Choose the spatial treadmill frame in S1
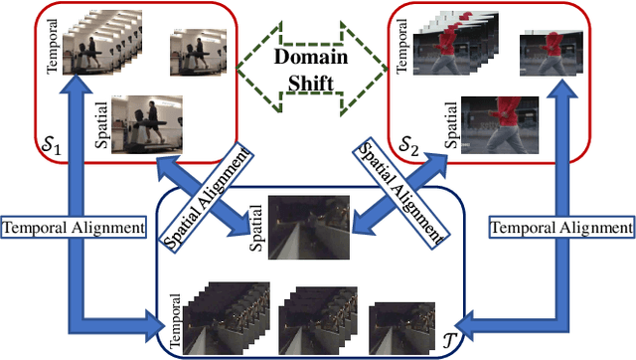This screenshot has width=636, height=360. click(146, 123)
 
